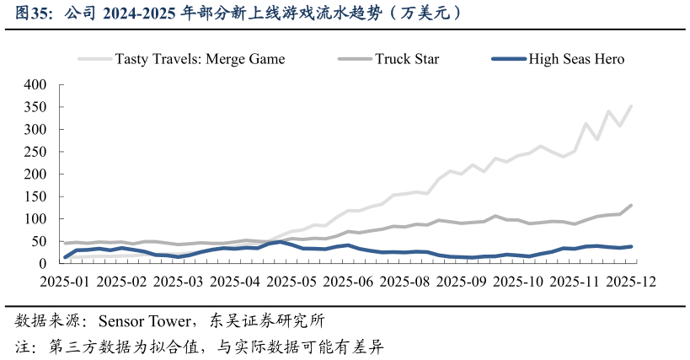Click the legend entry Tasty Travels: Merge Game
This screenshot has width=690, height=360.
[x=200, y=59]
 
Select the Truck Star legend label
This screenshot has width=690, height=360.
[x=407, y=59]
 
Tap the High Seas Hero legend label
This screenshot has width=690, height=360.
[x=577, y=59]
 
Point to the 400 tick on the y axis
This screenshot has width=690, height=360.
[x=35, y=85]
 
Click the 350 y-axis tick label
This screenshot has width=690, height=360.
[x=35, y=108]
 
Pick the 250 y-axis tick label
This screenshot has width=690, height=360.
[x=35, y=153]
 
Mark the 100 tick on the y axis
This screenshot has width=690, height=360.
[x=35, y=219]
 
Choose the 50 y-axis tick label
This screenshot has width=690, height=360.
[x=39, y=242]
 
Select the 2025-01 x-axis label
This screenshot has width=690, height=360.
[x=65, y=282]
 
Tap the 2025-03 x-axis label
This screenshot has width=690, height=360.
[x=179, y=282]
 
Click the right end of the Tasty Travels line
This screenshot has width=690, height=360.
[x=631, y=106]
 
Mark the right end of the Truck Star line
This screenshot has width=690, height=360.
[x=631, y=206]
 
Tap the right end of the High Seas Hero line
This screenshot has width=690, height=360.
[x=631, y=246]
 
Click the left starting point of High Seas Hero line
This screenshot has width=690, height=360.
[x=66, y=257]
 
